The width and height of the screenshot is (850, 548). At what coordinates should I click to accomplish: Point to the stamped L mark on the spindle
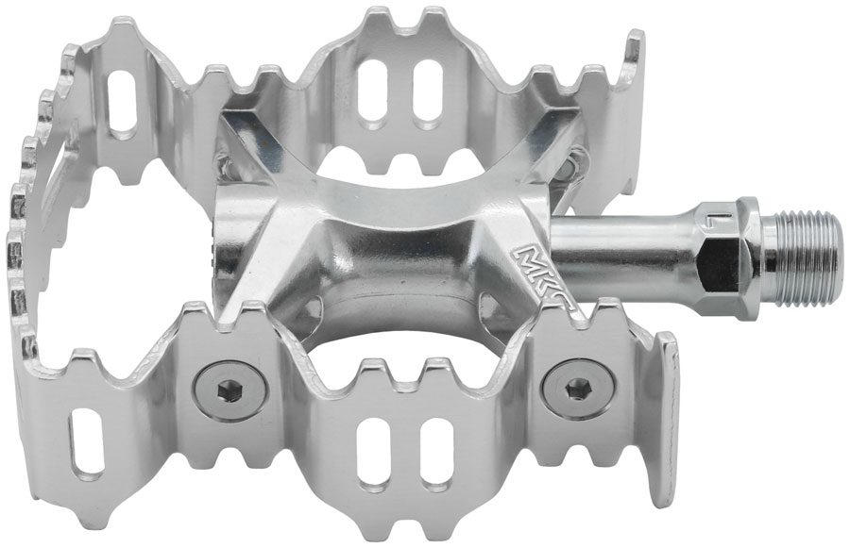(742, 221)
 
